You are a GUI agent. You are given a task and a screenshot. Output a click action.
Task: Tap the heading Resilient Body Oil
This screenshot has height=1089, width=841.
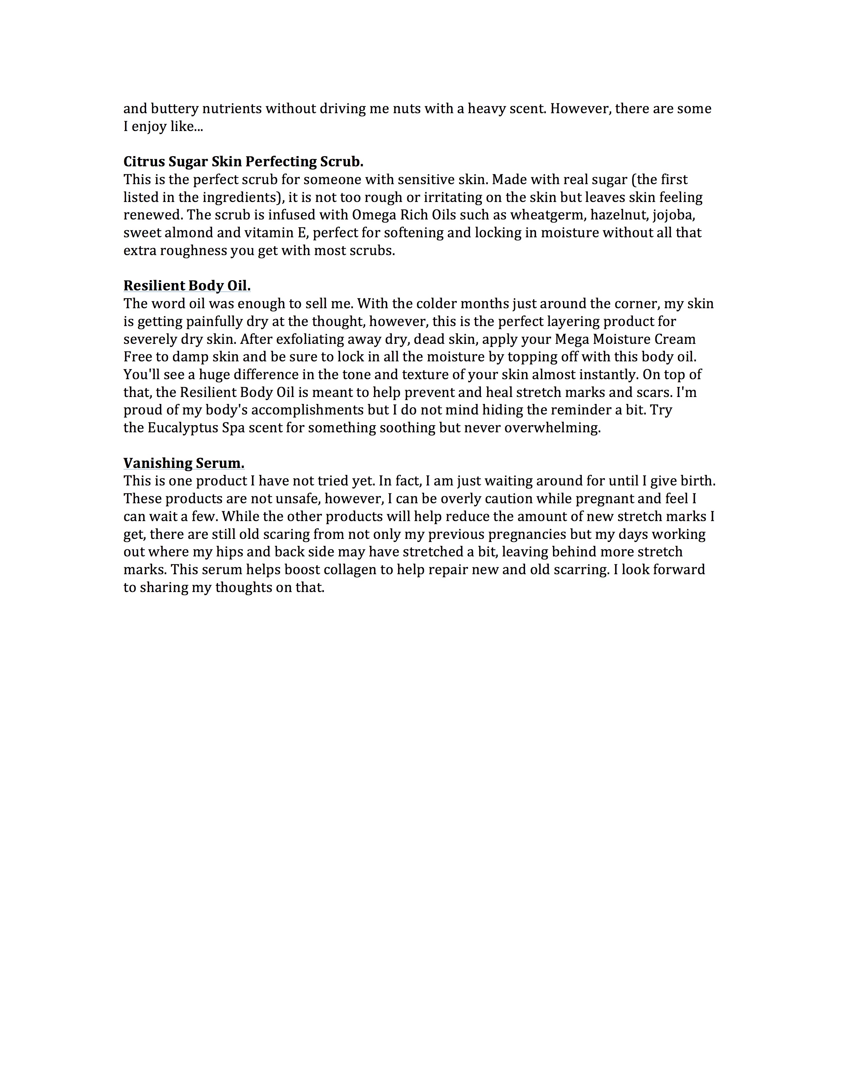point(187,286)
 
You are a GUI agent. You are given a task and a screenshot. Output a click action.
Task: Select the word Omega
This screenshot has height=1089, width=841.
point(374,215)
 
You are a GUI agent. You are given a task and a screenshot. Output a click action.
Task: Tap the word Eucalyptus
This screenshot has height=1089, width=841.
point(183,428)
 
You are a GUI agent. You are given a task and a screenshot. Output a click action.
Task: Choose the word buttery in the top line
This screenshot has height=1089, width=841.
point(172,109)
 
